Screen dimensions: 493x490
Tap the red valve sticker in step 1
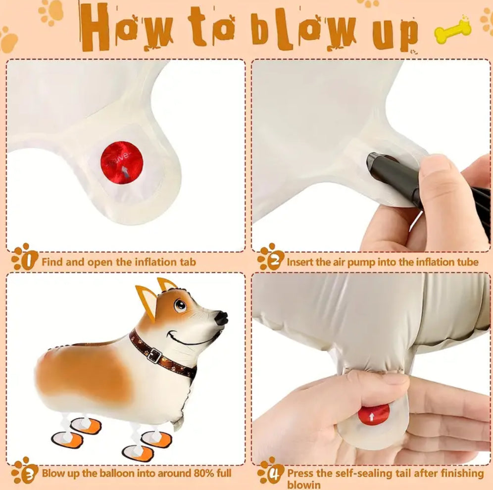[122, 162]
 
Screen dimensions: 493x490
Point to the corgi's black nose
[221, 318]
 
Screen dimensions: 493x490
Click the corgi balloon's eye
[180, 305]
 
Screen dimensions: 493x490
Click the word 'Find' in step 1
[52, 262]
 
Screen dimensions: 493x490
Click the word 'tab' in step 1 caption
[188, 262]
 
